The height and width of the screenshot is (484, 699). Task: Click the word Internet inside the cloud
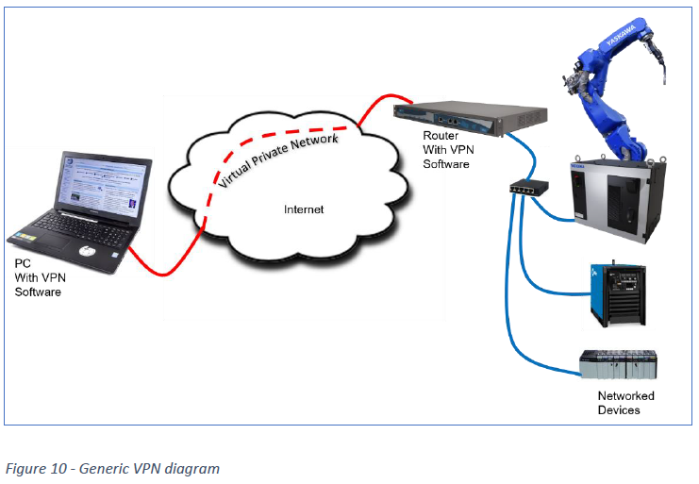coord(304,209)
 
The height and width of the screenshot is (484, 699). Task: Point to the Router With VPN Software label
coord(446,150)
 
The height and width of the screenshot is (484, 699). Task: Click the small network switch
coord(524,188)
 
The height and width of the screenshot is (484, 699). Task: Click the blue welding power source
coord(617,293)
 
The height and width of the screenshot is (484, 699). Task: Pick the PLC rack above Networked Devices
coord(618,366)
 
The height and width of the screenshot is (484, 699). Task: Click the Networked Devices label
coord(625,403)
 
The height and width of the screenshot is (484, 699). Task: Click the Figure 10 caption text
coord(112,468)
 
